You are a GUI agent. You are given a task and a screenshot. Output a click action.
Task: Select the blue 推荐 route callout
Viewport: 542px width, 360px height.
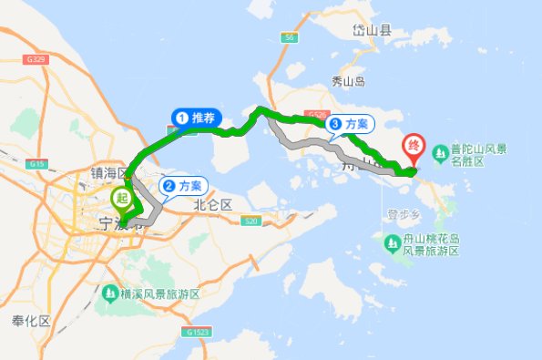pyautogui.click(x=196, y=118)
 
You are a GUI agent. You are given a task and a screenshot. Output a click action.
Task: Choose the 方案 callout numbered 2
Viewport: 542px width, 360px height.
pyautogui.click(x=183, y=186)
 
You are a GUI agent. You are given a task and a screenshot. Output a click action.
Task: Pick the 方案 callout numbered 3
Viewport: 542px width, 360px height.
pyautogui.click(x=350, y=124)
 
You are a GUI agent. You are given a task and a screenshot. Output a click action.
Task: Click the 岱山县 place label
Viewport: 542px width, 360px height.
pyautogui.click(x=373, y=30)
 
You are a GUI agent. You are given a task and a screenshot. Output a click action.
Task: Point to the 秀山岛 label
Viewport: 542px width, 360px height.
pyautogui.click(x=347, y=81)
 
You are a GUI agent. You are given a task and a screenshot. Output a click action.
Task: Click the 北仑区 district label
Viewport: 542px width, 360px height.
pyautogui.click(x=213, y=205)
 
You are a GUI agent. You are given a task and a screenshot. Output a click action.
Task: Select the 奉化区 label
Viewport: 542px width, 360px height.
pyautogui.click(x=30, y=323)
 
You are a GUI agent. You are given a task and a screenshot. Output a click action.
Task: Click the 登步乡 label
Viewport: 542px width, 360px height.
pyautogui.click(x=402, y=215)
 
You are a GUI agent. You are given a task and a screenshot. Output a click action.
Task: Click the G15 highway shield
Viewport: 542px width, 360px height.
pyautogui.click(x=37, y=164)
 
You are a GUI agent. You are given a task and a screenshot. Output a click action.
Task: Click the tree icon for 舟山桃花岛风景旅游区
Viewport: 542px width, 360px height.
pyautogui.click(x=386, y=243)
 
